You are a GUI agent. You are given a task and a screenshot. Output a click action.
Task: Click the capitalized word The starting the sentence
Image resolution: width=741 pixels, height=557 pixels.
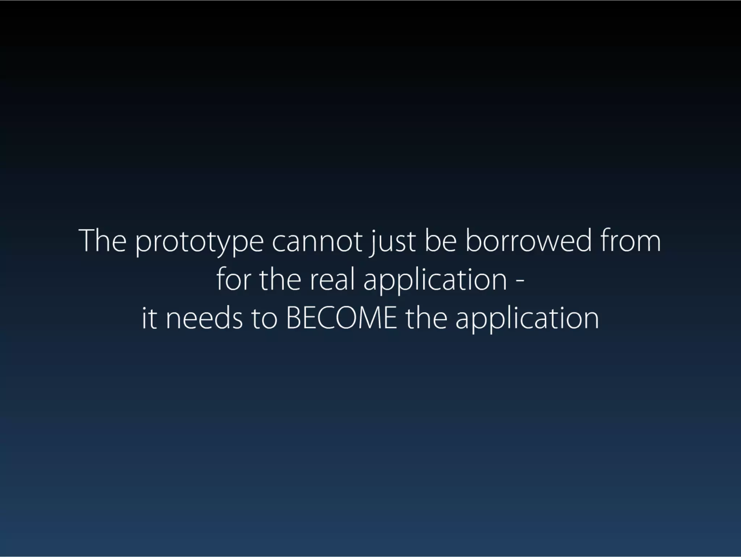(103, 241)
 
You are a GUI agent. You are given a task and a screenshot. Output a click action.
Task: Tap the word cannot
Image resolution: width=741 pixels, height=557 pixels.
(317, 241)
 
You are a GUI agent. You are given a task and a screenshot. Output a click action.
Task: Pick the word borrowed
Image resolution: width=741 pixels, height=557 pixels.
(529, 241)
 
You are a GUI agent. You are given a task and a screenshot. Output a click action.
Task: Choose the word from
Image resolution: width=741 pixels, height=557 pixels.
(631, 241)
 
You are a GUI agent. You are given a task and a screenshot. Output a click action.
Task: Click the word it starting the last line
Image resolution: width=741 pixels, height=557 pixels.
(149, 318)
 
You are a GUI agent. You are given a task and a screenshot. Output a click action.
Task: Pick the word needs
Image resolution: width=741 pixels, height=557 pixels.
(204, 318)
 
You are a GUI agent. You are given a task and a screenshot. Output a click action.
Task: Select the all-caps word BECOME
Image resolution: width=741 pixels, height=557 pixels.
(341, 318)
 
